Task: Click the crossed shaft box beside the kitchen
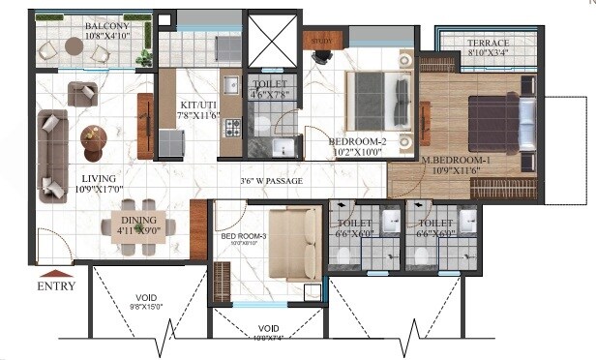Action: [x=274, y=39]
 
